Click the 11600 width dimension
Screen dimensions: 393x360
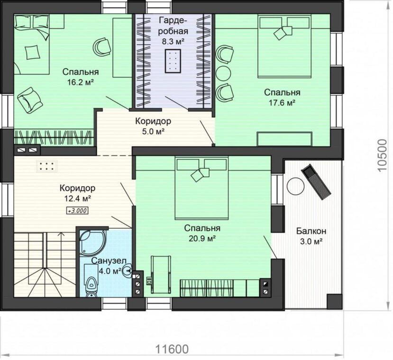click(x=172, y=349)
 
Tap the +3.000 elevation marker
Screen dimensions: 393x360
click(x=77, y=211)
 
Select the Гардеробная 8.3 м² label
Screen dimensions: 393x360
click(x=173, y=31)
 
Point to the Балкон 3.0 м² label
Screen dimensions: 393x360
click(x=311, y=236)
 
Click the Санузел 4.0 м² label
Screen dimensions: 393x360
click(x=108, y=266)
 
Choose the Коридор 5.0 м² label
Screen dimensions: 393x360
click(x=153, y=126)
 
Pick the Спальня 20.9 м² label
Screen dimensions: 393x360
click(x=202, y=233)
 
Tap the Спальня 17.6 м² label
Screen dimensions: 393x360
click(x=282, y=98)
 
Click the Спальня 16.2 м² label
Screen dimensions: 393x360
click(x=81, y=77)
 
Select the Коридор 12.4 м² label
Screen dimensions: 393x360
click(x=77, y=193)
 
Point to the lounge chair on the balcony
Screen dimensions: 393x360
click(x=317, y=182)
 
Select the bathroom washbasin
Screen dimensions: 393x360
click(x=128, y=270)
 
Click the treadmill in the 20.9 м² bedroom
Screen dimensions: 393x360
click(x=161, y=275)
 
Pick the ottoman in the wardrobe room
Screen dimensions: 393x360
click(x=173, y=61)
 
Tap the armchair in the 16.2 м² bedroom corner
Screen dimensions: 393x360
click(x=29, y=100)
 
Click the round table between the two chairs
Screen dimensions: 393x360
click(x=223, y=73)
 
